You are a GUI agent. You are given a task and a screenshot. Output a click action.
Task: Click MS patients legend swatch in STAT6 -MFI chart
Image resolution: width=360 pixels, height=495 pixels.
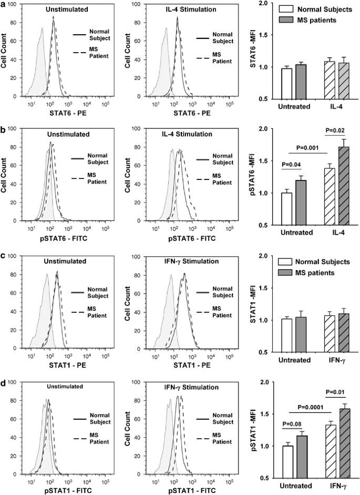tap(270, 19)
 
